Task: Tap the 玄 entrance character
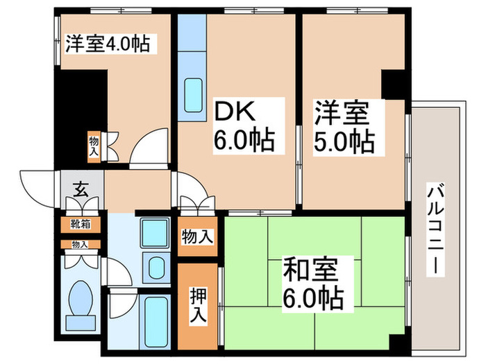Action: click(81, 189)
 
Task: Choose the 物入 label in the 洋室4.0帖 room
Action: click(94, 146)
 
